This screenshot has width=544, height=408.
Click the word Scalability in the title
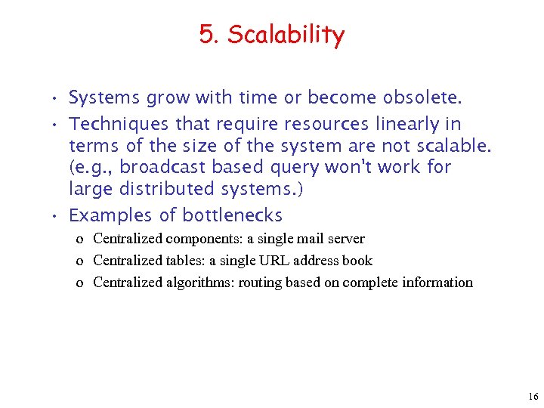point(286,35)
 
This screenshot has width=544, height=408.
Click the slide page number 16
point(533,397)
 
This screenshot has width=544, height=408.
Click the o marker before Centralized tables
point(79,261)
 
